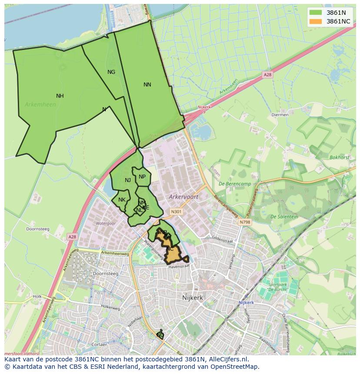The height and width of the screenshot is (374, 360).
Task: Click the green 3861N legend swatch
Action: pos(316,13)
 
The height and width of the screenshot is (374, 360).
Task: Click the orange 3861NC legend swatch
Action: pos(316,21)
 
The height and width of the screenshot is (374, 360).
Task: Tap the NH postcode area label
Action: pos(60,96)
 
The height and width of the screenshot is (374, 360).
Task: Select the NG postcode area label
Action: pos(111,72)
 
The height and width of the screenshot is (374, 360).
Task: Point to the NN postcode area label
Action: pos(147,85)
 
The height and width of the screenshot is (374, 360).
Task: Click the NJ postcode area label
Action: pos(128,180)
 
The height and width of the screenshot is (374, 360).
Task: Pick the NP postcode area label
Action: pos(142,177)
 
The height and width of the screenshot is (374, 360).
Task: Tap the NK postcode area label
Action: pos(122,200)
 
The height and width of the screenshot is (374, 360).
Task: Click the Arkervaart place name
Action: pos(183,197)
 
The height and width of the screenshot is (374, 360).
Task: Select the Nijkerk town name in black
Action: pos(192,298)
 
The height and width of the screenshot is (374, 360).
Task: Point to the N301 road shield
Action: pos(176,212)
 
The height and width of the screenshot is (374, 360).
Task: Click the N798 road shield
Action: pos(245,222)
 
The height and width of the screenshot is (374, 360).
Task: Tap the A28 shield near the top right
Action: pos(267,75)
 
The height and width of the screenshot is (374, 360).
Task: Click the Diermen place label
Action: pos(280,115)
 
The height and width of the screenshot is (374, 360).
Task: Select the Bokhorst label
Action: pos(339,158)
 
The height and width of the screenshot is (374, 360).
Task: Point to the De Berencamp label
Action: pos(235,184)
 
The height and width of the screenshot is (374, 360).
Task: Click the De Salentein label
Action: pos(284,217)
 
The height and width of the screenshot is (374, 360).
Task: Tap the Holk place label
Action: pos(37,297)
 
